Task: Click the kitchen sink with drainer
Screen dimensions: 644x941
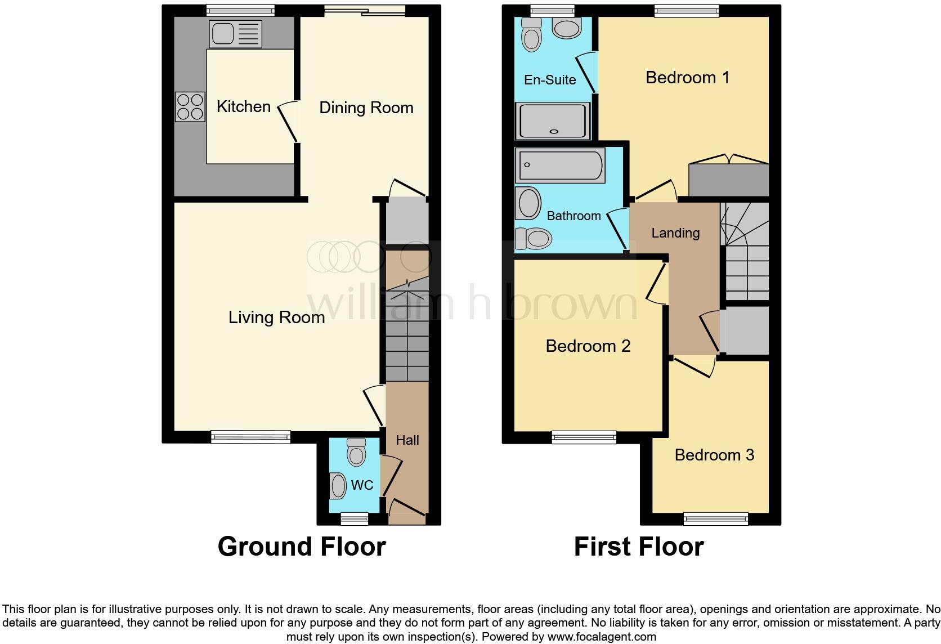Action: pos(235,34)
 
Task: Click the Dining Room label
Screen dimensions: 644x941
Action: pos(366,108)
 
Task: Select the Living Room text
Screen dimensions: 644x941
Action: pos(276,317)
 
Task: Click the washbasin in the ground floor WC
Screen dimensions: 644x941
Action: pos(338,486)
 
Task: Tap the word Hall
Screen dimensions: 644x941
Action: pos(407,440)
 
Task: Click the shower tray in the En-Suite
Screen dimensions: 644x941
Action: pos(554,121)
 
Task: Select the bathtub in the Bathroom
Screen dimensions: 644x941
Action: pos(560,166)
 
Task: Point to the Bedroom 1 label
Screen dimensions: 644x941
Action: pos(687,77)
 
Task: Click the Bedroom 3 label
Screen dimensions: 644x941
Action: pos(714,455)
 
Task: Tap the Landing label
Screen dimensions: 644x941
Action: pos(675,233)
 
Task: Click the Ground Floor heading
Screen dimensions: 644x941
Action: pos(302,547)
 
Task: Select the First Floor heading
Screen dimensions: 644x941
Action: pos(639,547)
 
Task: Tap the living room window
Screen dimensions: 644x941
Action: pos(251,436)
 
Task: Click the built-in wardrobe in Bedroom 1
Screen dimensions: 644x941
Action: pos(729,180)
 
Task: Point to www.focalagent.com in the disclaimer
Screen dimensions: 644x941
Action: pos(602,637)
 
